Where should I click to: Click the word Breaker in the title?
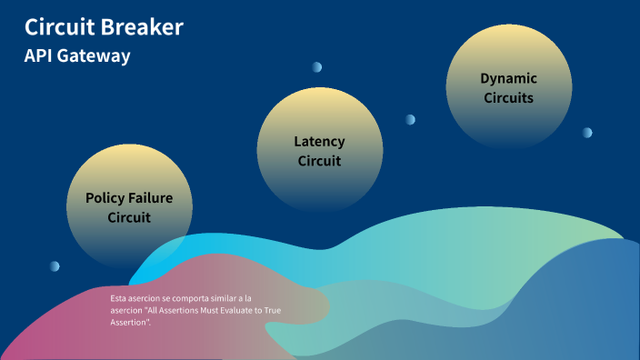(145, 27)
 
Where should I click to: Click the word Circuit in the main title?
(62, 27)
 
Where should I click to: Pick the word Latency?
(319, 141)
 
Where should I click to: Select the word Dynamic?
(508, 78)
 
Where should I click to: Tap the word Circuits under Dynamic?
(508, 98)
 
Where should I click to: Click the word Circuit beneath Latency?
(319, 161)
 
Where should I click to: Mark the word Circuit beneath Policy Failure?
(129, 217)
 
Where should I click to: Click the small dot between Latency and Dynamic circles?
(410, 119)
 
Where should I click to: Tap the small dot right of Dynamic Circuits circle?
(587, 132)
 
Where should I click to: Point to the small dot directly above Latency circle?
(316, 66)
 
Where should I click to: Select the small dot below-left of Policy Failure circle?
(55, 265)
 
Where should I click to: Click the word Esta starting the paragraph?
(119, 298)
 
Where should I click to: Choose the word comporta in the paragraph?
(178, 298)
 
